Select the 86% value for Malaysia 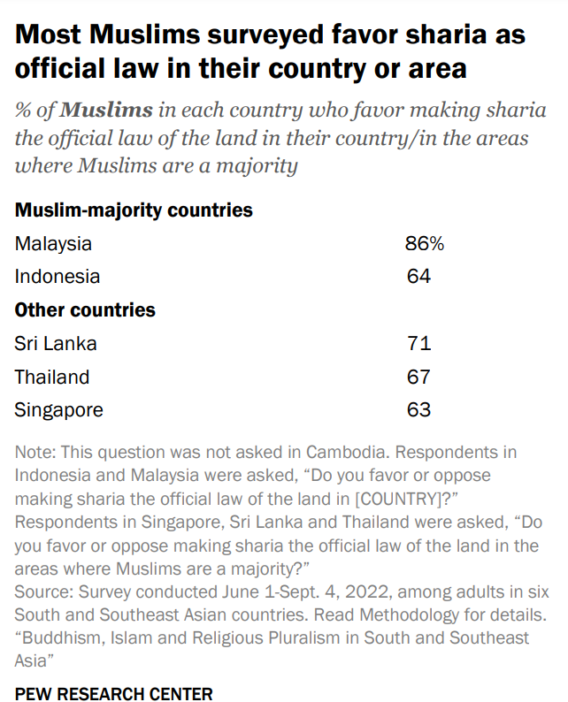(424, 243)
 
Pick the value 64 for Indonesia (418, 277)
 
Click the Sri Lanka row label (56, 343)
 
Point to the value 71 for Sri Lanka (418, 343)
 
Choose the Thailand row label (52, 377)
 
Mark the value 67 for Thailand (418, 377)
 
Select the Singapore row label (58, 410)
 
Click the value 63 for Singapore (418, 410)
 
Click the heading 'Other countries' (85, 310)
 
